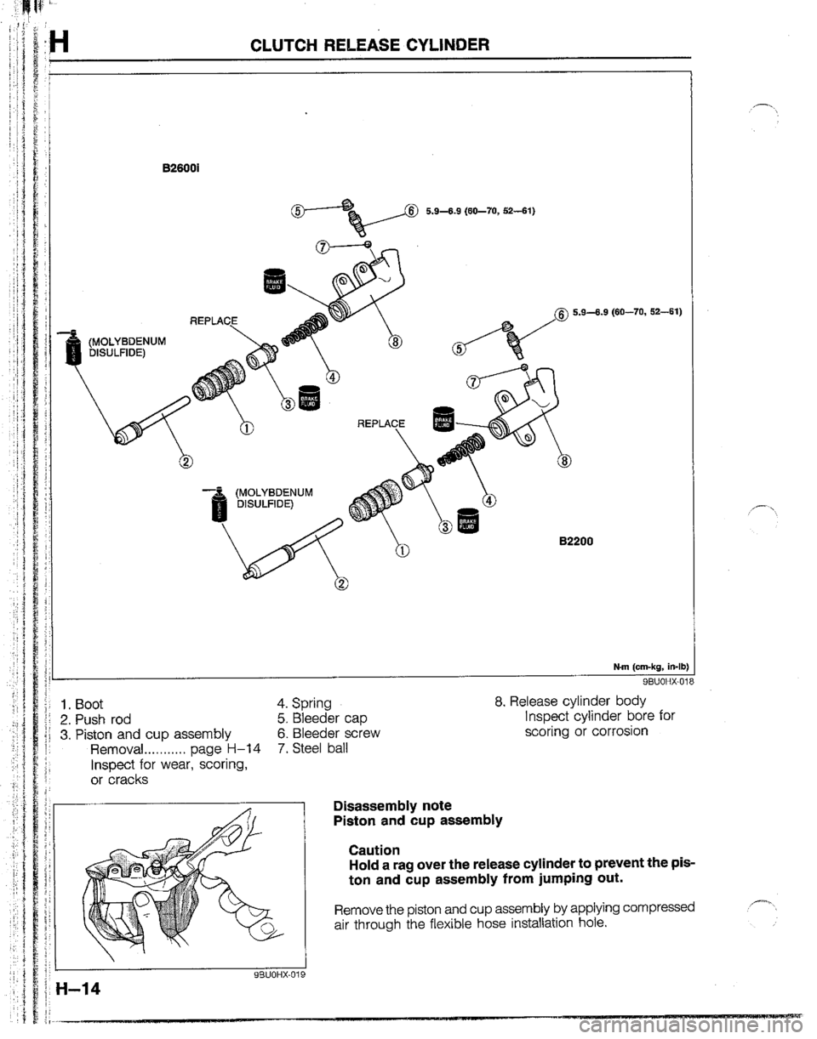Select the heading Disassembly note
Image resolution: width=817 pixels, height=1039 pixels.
[x=391, y=805]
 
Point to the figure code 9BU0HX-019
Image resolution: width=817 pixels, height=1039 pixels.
[x=262, y=977]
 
